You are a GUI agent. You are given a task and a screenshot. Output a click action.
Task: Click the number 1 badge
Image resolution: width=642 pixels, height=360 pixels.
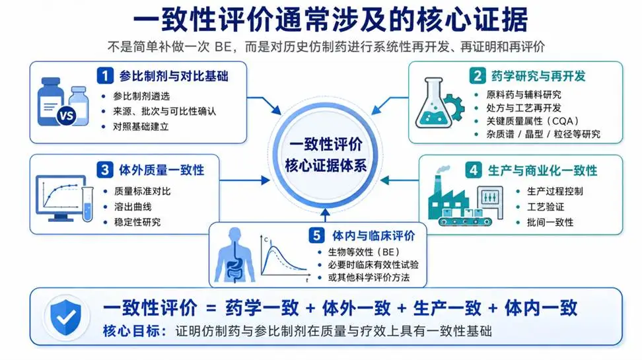pos(105,76)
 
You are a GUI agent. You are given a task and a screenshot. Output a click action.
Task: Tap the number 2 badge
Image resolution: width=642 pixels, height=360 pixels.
pos(478,76)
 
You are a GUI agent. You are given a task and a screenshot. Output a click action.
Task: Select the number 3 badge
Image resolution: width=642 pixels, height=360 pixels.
pos(105,170)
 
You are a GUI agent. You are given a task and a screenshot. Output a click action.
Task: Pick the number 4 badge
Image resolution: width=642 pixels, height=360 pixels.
pos(474,170)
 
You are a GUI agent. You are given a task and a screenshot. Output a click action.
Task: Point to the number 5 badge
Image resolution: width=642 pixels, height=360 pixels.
pos(316,236)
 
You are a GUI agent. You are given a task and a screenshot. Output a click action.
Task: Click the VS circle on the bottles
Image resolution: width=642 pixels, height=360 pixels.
pos(66,116)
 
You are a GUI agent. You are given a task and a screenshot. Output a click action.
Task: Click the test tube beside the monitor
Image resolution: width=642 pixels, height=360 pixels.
pos(87,204)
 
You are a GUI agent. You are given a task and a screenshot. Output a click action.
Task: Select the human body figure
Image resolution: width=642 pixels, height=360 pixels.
pos(235,255)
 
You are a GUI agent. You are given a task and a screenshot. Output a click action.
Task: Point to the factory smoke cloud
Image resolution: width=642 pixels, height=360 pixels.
pos(443,170)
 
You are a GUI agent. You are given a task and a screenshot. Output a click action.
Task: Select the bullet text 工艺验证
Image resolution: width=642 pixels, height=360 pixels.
pos(546,207)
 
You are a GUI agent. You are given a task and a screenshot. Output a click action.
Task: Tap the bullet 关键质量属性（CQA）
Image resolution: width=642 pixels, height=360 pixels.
pos(532,122)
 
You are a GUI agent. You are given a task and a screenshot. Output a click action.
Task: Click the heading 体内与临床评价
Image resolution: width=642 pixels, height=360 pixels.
pos(373,236)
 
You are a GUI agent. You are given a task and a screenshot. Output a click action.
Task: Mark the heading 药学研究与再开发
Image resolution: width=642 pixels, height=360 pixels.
pos(538,76)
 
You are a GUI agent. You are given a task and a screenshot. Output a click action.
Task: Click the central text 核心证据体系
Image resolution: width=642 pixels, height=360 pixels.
pos(326,166)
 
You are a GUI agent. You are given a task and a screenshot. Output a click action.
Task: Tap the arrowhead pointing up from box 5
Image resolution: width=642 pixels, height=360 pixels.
pos(325,213)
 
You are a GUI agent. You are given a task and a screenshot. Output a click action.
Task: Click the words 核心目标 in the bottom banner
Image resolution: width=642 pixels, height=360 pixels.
pos(131,331)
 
